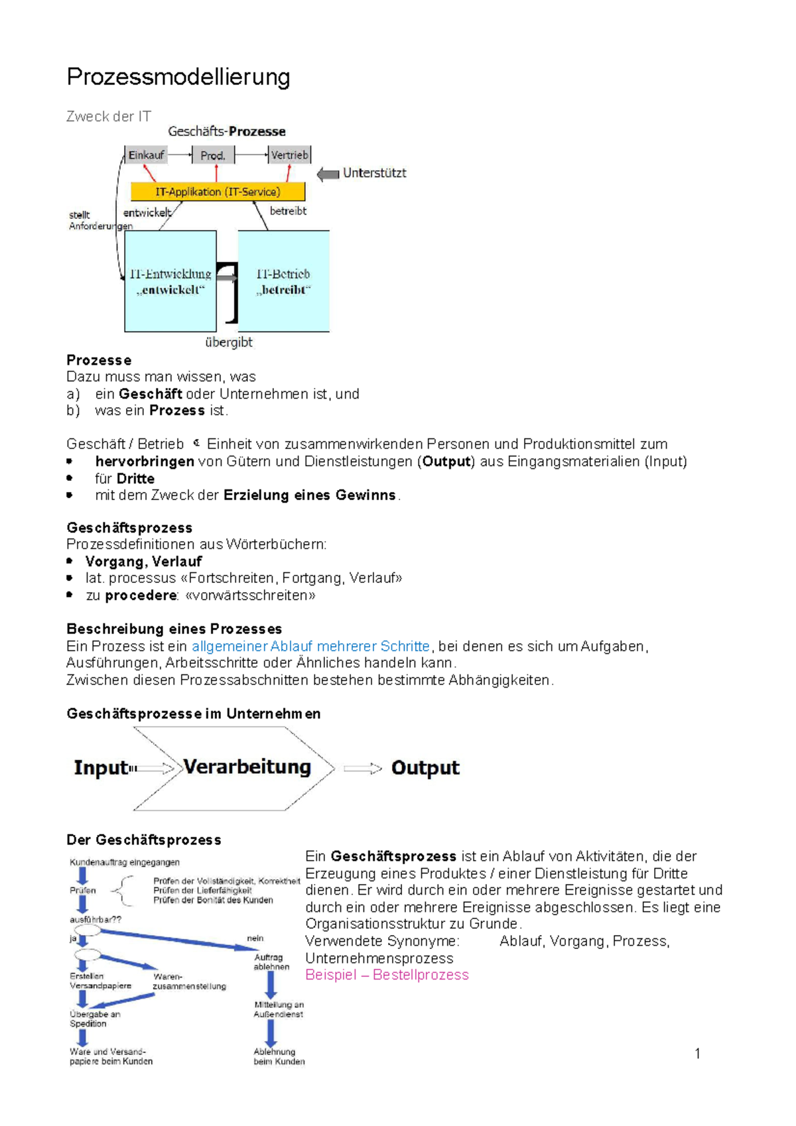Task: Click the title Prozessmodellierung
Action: pyautogui.click(x=178, y=77)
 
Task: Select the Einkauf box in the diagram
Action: pyautogui.click(x=146, y=155)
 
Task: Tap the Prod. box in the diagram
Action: pyautogui.click(x=213, y=155)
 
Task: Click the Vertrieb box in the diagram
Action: pyautogui.click(x=290, y=155)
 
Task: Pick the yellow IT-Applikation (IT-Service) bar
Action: pyautogui.click(x=218, y=192)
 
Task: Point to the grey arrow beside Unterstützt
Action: pyautogui.click(x=328, y=174)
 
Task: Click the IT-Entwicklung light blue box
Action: pyautogui.click(x=170, y=281)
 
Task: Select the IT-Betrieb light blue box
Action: pyautogui.click(x=283, y=281)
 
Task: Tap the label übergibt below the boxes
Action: pyautogui.click(x=228, y=342)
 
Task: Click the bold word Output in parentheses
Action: pyautogui.click(x=446, y=462)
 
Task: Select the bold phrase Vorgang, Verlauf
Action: pyautogui.click(x=143, y=562)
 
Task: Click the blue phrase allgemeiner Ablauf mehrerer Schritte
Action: pyautogui.click(x=310, y=646)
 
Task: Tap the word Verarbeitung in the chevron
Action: pyautogui.click(x=247, y=767)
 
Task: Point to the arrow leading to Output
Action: pyautogui.click(x=362, y=769)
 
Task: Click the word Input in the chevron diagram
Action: pyautogui.click(x=101, y=768)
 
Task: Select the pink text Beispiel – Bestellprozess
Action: pyautogui.click(x=387, y=975)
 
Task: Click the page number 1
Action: pyautogui.click(x=697, y=1054)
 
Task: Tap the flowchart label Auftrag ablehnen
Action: pyautogui.click(x=271, y=962)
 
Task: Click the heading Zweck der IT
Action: pyautogui.click(x=109, y=117)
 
